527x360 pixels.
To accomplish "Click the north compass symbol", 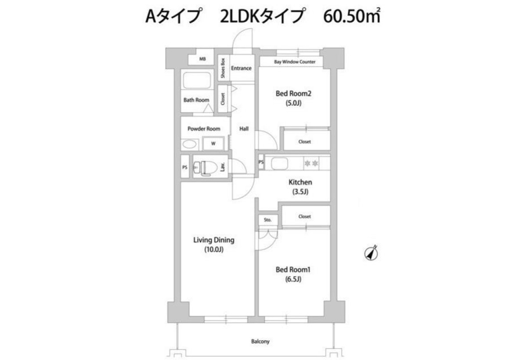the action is (x=371, y=253).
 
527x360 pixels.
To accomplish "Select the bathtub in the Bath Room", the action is (x=197, y=80).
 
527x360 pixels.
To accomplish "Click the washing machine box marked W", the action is (x=213, y=144).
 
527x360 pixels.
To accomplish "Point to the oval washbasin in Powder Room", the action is (x=189, y=144).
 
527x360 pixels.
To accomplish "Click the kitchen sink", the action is (x=279, y=163).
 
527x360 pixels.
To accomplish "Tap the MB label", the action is (x=202, y=59).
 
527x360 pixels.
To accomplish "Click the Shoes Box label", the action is (x=223, y=68).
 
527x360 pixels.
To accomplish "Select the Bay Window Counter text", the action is (x=295, y=62).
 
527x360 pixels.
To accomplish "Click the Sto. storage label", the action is (x=268, y=220).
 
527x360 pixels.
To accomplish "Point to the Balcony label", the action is (x=260, y=341).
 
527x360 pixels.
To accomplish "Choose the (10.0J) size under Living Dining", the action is (x=214, y=249).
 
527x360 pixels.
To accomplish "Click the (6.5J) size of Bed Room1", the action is (x=293, y=279).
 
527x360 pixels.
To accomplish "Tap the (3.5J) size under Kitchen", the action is (x=300, y=192).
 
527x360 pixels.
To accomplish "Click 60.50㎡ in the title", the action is (x=352, y=16).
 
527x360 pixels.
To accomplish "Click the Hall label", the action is (x=244, y=129).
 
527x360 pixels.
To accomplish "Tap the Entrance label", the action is (x=241, y=68).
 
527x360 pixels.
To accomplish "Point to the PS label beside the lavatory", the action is (x=185, y=167).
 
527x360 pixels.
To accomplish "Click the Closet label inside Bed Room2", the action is (x=304, y=141).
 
